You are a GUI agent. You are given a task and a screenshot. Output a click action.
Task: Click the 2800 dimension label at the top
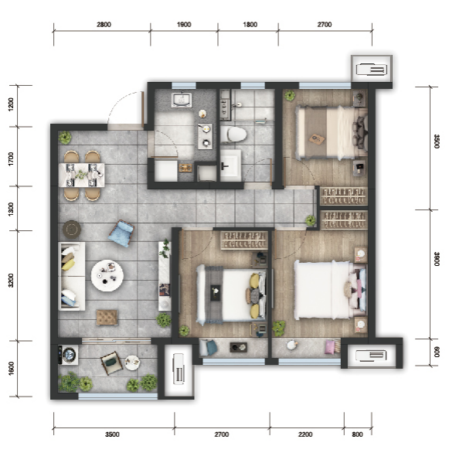[x=104, y=25]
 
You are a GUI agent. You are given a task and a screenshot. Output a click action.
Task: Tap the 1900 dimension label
[x=184, y=25]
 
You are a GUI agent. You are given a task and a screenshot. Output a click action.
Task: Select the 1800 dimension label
[x=250, y=25]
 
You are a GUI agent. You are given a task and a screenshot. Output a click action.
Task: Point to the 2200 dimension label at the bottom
[x=305, y=434]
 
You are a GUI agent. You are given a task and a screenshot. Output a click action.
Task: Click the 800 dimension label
[x=357, y=434]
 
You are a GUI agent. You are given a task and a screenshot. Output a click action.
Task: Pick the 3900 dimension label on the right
[x=437, y=259]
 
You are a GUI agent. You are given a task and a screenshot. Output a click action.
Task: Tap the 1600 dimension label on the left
[x=11, y=368]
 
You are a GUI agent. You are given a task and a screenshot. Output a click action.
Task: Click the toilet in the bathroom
[x=233, y=135]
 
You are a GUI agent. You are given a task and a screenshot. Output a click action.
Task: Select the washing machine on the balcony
[x=68, y=355]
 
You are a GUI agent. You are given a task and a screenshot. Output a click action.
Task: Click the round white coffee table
[x=107, y=275]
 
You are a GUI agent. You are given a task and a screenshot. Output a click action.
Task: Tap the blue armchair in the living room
[x=121, y=233]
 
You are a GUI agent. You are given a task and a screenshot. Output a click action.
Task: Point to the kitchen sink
[x=182, y=100]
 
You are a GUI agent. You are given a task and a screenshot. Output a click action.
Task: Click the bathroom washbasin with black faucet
[x=230, y=165]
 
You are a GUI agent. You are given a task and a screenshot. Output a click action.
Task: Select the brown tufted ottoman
[x=107, y=317]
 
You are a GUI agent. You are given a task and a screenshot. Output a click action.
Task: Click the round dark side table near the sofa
[x=72, y=230]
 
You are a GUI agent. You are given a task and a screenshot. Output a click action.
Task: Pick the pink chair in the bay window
[x=332, y=346]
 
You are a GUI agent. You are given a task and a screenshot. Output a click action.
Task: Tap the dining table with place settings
[x=81, y=175]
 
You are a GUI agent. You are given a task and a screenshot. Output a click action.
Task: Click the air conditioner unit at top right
[x=372, y=70]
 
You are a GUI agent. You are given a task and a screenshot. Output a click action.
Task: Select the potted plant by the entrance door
[x=65, y=138]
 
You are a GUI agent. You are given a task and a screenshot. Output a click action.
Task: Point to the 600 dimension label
[x=437, y=352]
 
